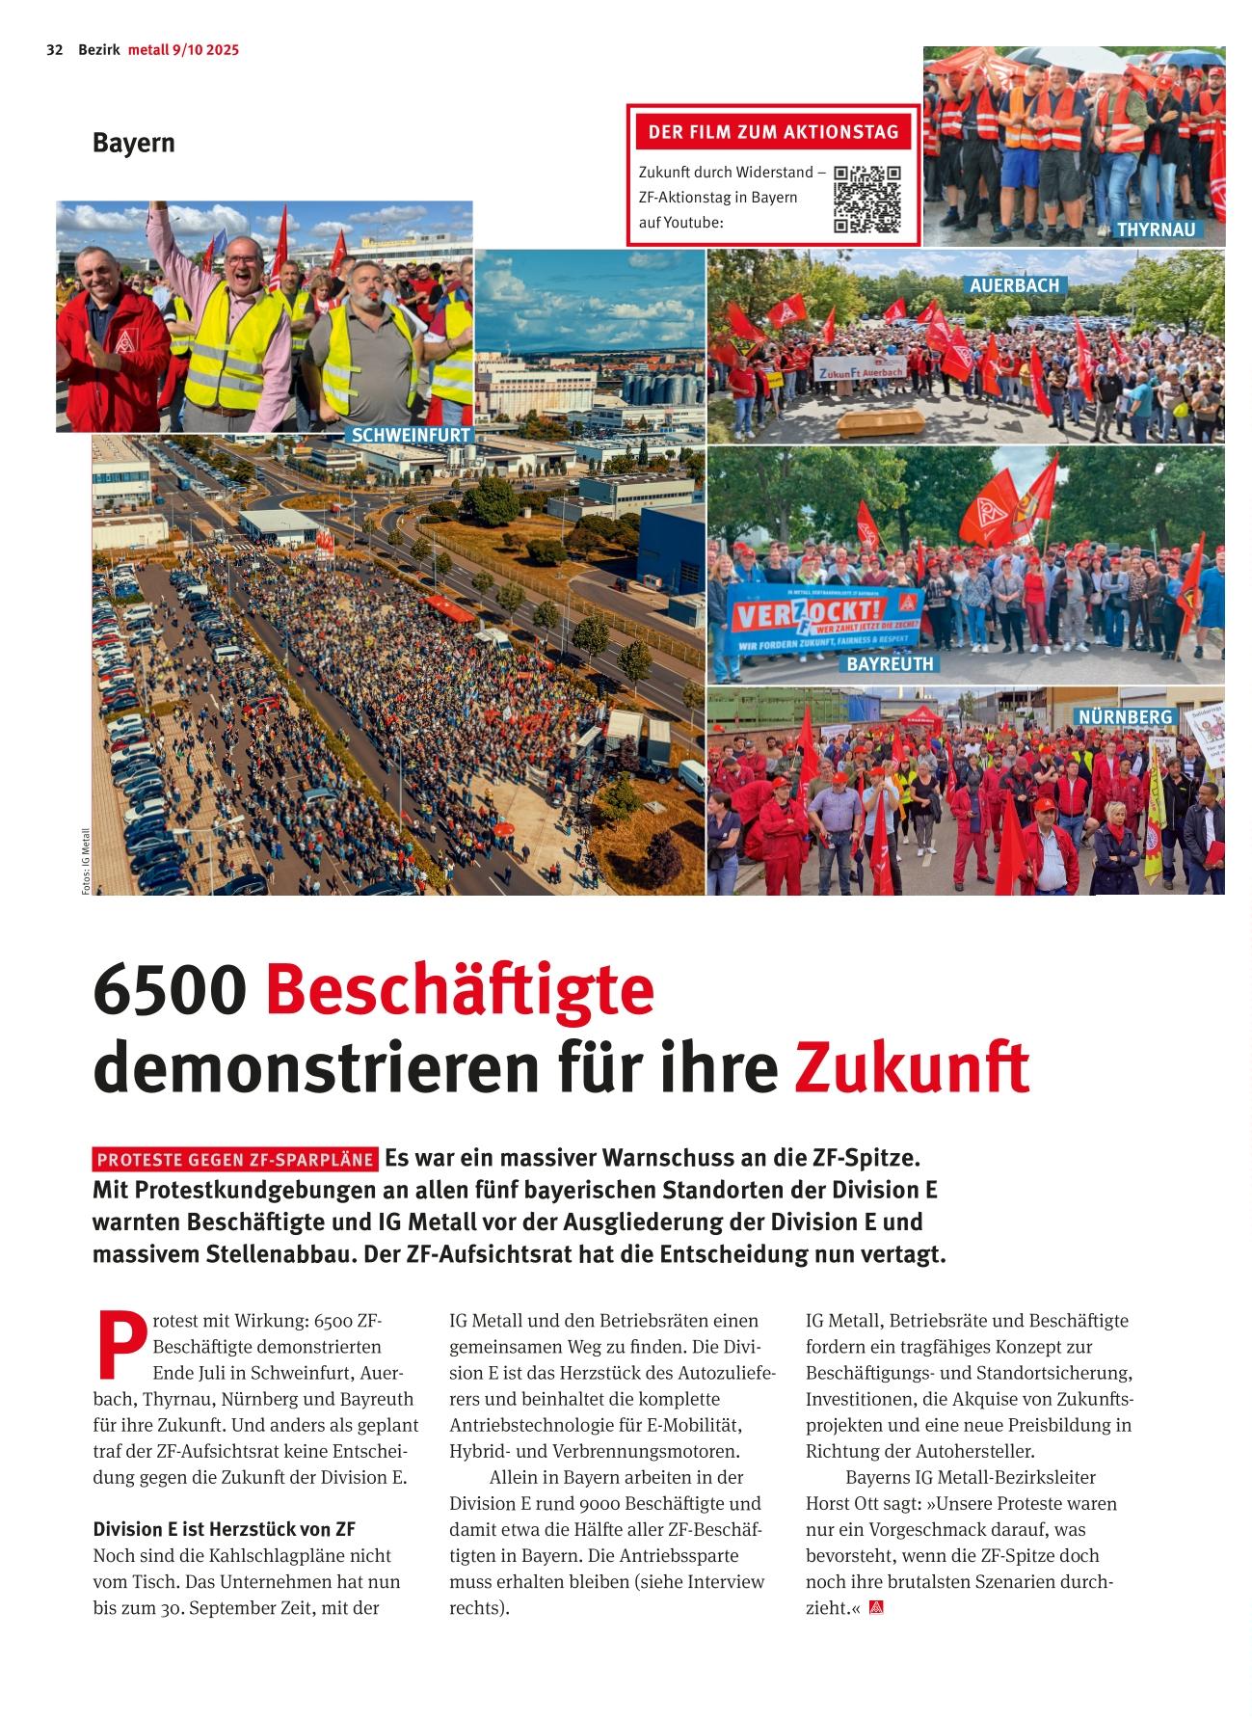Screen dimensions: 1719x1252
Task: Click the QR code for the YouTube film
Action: tap(866, 200)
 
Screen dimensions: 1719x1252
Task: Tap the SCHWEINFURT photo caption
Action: tap(411, 435)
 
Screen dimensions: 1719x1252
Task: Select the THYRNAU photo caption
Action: tap(1156, 229)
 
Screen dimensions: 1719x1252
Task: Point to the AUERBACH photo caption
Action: tap(1014, 285)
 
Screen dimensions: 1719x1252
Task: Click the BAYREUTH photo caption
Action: tap(890, 664)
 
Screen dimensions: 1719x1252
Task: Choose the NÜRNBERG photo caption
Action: tap(1125, 717)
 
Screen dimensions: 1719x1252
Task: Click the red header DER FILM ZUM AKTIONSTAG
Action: tap(773, 132)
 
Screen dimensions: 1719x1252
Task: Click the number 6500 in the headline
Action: tap(170, 990)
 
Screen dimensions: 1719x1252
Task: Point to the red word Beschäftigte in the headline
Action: tap(460, 990)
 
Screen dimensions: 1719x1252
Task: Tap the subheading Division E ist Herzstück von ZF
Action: tap(224, 1529)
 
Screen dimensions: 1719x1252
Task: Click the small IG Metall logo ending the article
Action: tap(876, 1607)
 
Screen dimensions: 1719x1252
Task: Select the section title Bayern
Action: tap(134, 143)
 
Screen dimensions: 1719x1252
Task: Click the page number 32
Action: tap(55, 50)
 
